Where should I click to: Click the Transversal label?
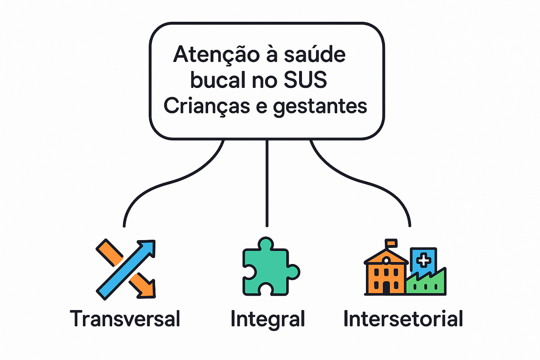[x=125, y=319]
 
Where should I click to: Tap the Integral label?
[x=268, y=319]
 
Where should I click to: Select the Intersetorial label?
[x=403, y=319]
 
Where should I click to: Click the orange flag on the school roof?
[x=391, y=243]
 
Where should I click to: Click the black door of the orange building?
[x=386, y=287]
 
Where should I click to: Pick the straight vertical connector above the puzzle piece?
[x=267, y=182]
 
